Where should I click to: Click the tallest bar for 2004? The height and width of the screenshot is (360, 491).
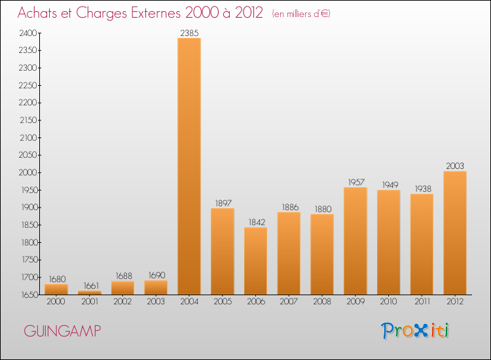(x=189, y=166)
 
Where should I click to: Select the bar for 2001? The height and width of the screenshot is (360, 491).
(x=90, y=293)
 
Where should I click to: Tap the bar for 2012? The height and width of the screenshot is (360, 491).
(x=455, y=233)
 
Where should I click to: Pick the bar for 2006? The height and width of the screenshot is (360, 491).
(x=255, y=261)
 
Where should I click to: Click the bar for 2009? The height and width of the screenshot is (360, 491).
(x=355, y=241)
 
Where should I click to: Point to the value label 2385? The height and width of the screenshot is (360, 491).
(x=189, y=33)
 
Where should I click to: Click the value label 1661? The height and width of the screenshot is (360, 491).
(x=91, y=285)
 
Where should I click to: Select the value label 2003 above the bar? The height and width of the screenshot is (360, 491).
(x=455, y=166)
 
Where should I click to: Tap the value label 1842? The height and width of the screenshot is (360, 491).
(x=257, y=222)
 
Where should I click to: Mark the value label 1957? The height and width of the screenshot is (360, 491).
(x=356, y=182)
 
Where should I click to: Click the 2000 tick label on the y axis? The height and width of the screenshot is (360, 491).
(x=28, y=173)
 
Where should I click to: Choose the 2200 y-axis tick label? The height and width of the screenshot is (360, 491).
(x=28, y=103)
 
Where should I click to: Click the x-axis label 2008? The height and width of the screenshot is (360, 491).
(x=322, y=301)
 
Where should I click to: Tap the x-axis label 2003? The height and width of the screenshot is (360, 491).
(x=156, y=301)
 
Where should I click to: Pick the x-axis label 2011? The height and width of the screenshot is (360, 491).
(x=422, y=301)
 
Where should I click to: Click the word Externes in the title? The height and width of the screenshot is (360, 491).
(x=156, y=13)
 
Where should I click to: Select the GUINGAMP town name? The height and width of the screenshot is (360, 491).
(x=62, y=331)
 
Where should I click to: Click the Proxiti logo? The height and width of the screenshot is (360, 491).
(x=415, y=331)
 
